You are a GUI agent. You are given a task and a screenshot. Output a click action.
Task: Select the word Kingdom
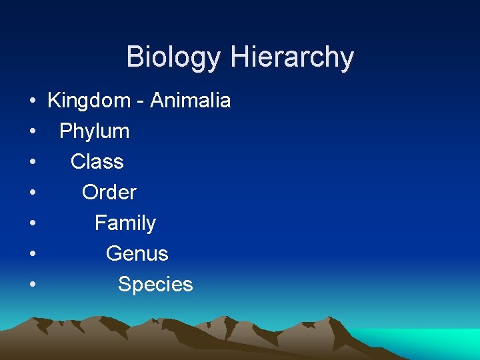click(x=89, y=101)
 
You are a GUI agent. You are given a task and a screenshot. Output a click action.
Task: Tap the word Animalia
click(x=191, y=101)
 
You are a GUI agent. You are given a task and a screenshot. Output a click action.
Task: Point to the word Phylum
click(x=94, y=132)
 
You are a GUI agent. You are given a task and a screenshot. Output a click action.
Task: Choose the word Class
click(x=97, y=162)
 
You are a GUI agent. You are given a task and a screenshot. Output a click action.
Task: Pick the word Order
click(x=109, y=193)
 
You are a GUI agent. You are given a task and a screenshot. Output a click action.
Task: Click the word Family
click(x=125, y=223)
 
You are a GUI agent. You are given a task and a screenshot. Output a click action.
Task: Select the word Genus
click(x=137, y=254)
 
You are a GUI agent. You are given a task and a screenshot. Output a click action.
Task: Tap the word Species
click(x=155, y=285)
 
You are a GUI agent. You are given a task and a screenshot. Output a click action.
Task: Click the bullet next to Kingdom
click(x=32, y=102)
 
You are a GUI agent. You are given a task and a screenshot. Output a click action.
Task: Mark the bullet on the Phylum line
click(x=32, y=133)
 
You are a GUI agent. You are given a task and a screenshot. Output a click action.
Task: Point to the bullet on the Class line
click(x=32, y=163)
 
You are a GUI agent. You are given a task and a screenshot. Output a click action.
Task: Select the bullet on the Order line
click(x=32, y=193)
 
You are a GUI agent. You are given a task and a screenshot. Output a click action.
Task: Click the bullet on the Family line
click(x=32, y=224)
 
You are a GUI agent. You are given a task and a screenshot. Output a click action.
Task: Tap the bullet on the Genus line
click(x=32, y=255)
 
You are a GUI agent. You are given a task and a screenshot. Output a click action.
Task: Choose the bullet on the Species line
click(x=32, y=285)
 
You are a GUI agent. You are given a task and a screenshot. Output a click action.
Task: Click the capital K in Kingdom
click(x=54, y=101)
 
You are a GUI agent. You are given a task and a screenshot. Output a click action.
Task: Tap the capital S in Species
click(x=124, y=285)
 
